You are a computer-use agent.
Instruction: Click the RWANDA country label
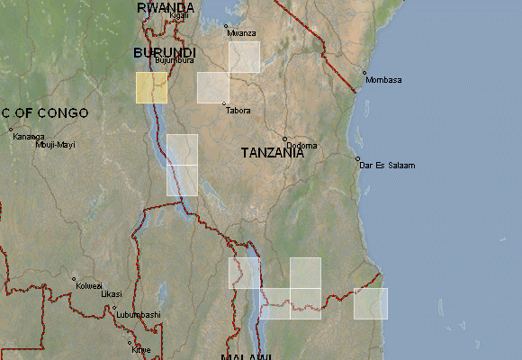pos(166,7)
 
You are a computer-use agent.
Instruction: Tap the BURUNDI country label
pos(164,53)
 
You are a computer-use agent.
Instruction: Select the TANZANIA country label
pos(272,153)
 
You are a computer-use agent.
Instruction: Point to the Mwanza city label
pos(241,33)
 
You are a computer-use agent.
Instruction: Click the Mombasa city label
pos(383,80)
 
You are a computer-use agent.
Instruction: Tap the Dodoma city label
pos(300,145)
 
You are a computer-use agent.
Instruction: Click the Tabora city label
pos(238,111)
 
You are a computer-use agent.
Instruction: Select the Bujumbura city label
pos(174,61)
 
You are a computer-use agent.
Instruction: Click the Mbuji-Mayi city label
pos(56,144)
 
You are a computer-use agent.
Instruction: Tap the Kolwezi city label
pos(89,285)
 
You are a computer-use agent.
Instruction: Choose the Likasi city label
pos(111,293)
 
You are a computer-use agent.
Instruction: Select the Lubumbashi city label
pos(137,314)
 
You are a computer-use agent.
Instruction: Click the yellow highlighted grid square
pos(151,87)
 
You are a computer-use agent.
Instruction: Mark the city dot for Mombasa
pos(364,73)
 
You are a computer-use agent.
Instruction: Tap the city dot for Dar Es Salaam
pos(358,158)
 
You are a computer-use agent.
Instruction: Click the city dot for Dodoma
pos(284,139)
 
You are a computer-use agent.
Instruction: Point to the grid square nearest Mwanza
pos(244,57)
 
